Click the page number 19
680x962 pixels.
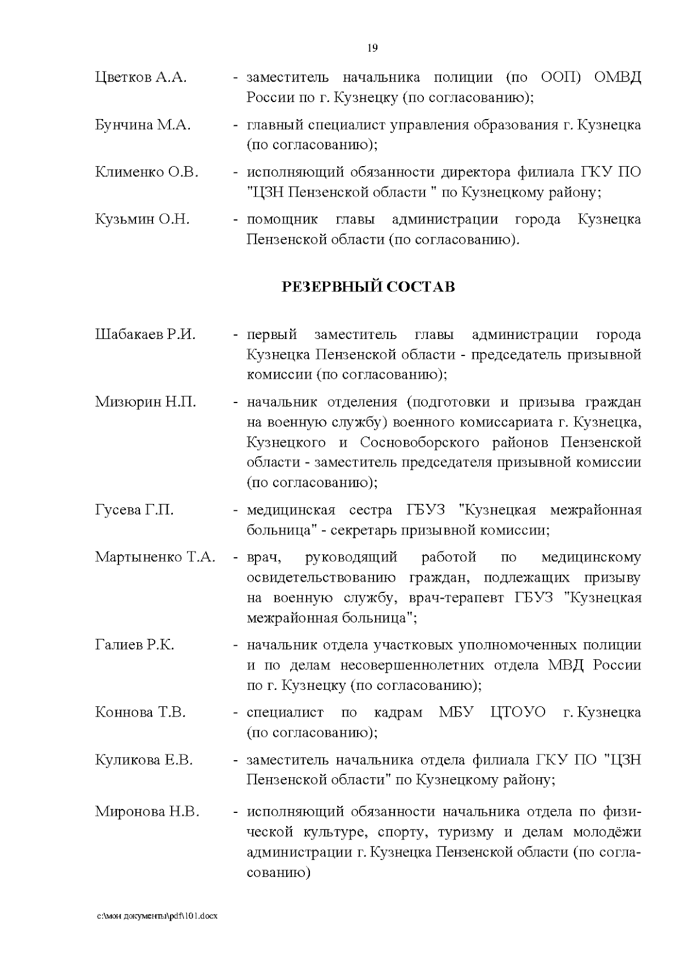tap(372, 48)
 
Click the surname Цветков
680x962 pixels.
tap(124, 78)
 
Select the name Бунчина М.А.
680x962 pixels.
tap(143, 125)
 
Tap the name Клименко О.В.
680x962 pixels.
tap(147, 172)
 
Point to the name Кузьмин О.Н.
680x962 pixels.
tap(142, 219)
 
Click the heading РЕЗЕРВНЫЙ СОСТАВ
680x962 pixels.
tap(368, 287)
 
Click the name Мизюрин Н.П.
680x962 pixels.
tap(146, 402)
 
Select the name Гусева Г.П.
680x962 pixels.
tap(134, 510)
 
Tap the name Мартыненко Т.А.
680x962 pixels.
tap(155, 557)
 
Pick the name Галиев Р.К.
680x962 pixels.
tap(134, 645)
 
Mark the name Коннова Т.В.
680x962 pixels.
tap(140, 713)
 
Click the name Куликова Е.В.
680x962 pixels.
tap(144, 760)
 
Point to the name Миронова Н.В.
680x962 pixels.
tap(147, 812)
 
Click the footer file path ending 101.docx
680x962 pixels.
tap(157, 917)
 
